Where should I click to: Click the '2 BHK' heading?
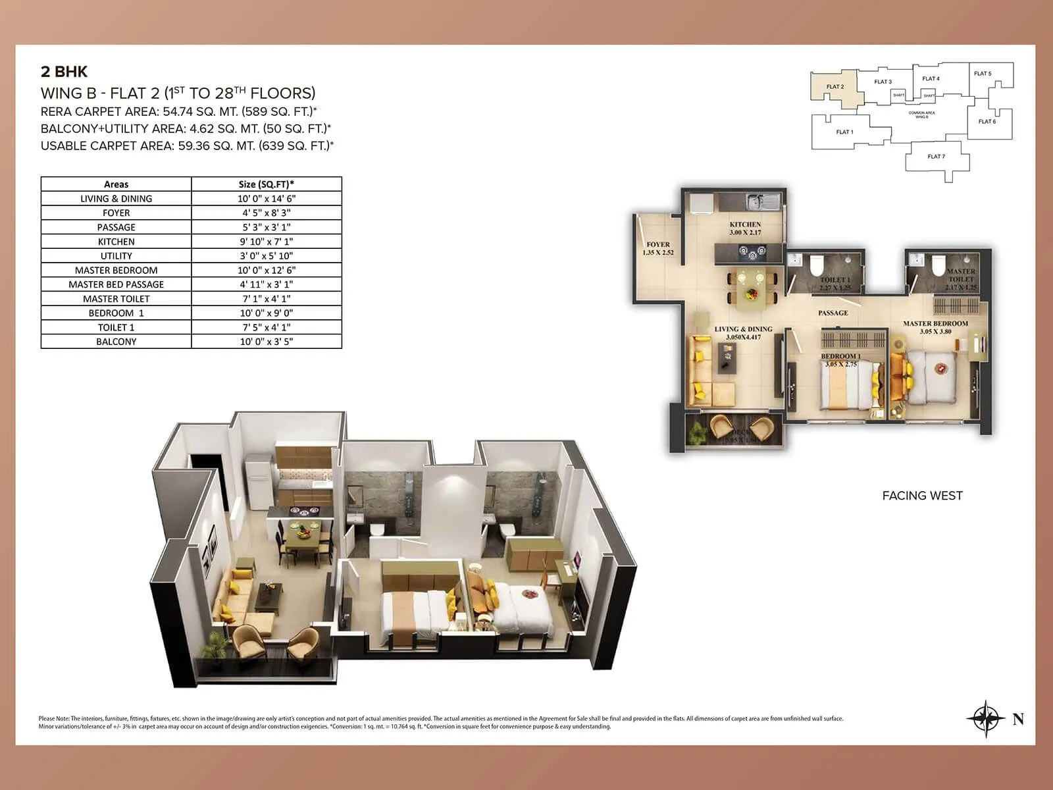pos(64,72)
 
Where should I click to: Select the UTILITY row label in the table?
pos(116,256)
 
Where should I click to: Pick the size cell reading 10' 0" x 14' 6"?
pos(267,199)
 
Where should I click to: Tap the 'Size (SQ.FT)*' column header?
pos(267,184)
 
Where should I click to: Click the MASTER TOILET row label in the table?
pos(116,299)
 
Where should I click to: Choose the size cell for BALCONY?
pos(267,342)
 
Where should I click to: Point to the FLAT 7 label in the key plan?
pos(936,157)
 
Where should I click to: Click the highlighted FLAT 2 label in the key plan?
pos(835,87)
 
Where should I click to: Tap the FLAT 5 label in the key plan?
pos(983,74)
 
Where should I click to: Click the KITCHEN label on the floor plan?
pos(745,224)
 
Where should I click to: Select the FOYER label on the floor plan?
pos(658,244)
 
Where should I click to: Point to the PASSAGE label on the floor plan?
pos(833,313)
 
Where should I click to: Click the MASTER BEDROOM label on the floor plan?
pos(935,323)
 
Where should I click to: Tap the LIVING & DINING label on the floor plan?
pos(744,329)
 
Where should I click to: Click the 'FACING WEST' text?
pos(922,496)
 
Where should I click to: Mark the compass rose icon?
pos(986,718)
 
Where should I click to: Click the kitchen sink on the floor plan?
pos(763,199)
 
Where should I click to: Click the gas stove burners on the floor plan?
pos(750,251)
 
